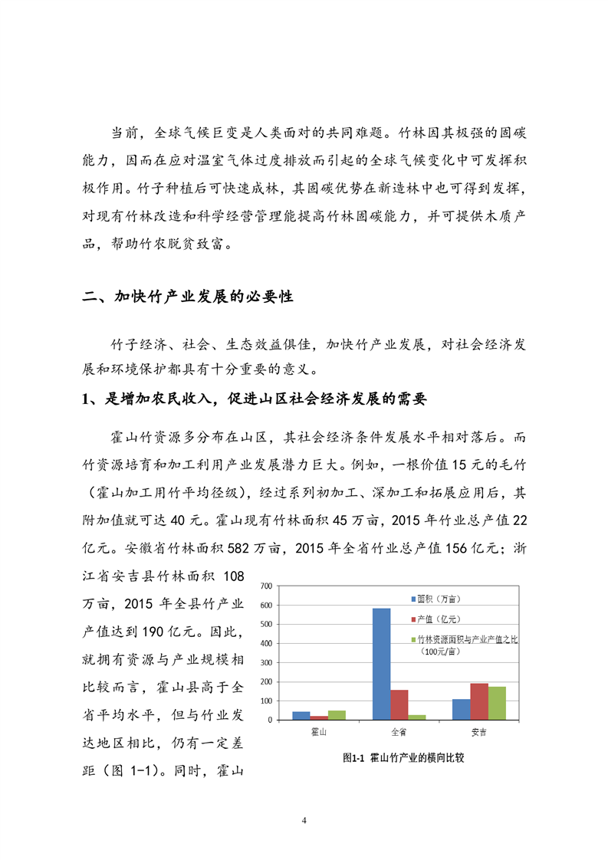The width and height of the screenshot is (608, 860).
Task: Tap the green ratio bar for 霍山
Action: [337, 715]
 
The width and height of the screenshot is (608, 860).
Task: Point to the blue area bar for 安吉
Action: [461, 709]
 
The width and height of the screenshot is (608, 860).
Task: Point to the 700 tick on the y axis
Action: [268, 586]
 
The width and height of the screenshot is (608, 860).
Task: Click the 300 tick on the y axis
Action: [268, 663]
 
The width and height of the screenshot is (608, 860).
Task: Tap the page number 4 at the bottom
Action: [304, 821]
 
